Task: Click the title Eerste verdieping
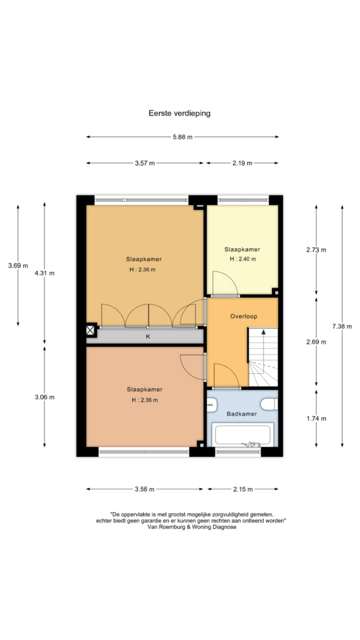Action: click(179, 113)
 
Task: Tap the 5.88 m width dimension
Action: click(182, 137)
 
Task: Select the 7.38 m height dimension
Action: click(342, 326)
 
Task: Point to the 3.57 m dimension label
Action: click(145, 163)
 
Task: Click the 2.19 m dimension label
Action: click(242, 163)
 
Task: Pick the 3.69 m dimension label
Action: click(18, 266)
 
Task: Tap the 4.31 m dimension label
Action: click(44, 273)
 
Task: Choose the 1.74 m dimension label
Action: click(316, 418)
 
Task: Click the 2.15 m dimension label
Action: click(243, 489)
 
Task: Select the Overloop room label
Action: click(244, 316)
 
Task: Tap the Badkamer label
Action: click(242, 414)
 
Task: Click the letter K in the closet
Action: click(148, 336)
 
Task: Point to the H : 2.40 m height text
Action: click(242, 259)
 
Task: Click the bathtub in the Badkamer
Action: click(242, 435)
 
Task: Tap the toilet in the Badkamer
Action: click(270, 404)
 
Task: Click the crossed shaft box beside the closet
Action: click(90, 330)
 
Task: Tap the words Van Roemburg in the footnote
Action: click(164, 527)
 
